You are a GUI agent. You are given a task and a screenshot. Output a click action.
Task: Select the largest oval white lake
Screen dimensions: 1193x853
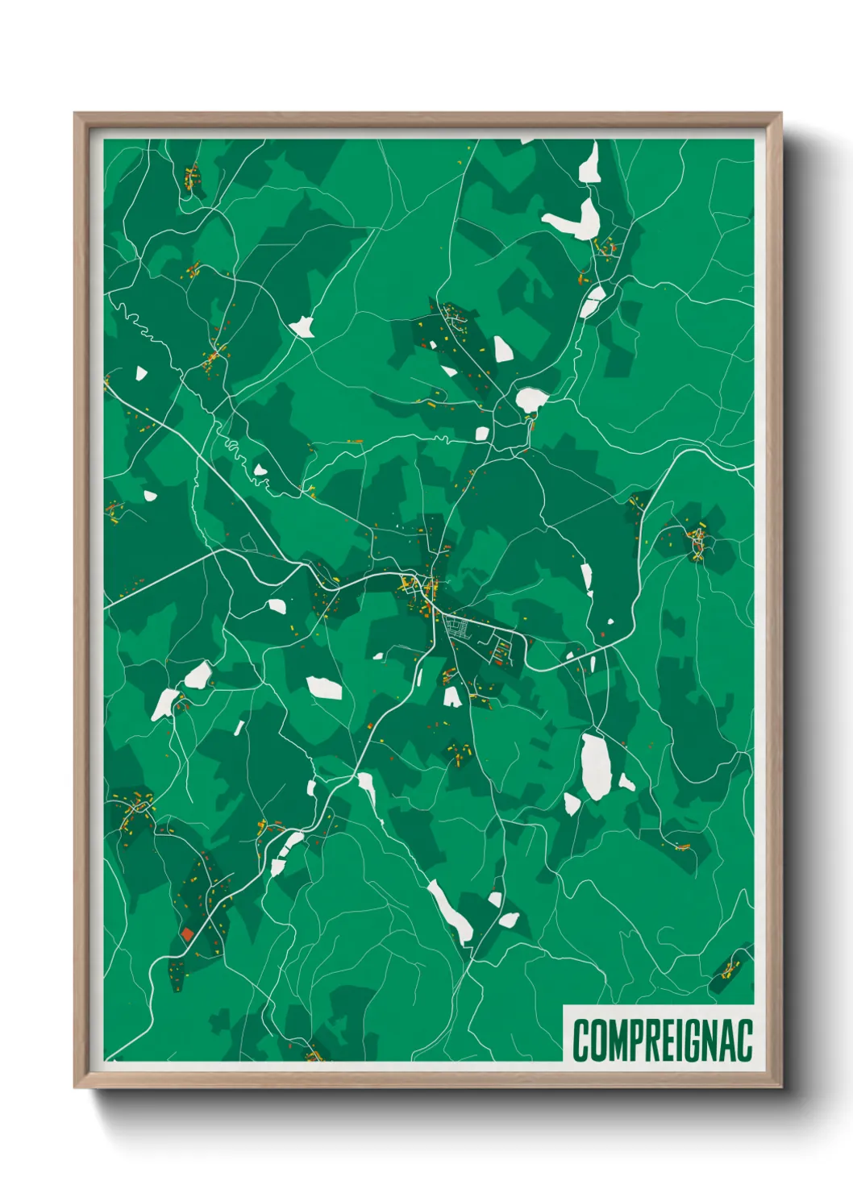pos(595,766)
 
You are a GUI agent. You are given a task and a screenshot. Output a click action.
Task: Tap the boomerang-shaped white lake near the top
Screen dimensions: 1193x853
pos(574,219)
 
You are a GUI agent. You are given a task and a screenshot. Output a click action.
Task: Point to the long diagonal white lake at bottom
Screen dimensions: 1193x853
pos(450,911)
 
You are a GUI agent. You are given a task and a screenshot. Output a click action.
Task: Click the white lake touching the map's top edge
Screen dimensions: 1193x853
pos(589,164)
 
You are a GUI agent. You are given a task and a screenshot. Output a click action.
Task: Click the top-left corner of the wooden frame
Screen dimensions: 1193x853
pos(75,114)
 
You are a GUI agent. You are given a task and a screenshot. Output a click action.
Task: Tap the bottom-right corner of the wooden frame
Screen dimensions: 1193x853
pos(780,1087)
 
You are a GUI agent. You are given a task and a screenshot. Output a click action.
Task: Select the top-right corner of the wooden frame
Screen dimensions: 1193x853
pos(780,114)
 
